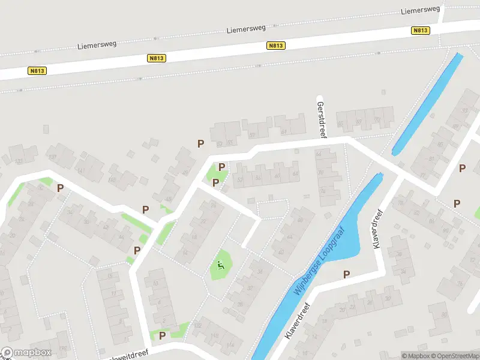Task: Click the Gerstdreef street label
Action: [x=321, y=116]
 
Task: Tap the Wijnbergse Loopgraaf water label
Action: [x=318, y=260]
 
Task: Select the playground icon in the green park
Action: [x=221, y=265]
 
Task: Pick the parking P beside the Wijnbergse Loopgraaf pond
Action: [x=346, y=274]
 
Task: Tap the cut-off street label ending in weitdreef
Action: [x=127, y=356]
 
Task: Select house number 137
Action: [x=52, y=157]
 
